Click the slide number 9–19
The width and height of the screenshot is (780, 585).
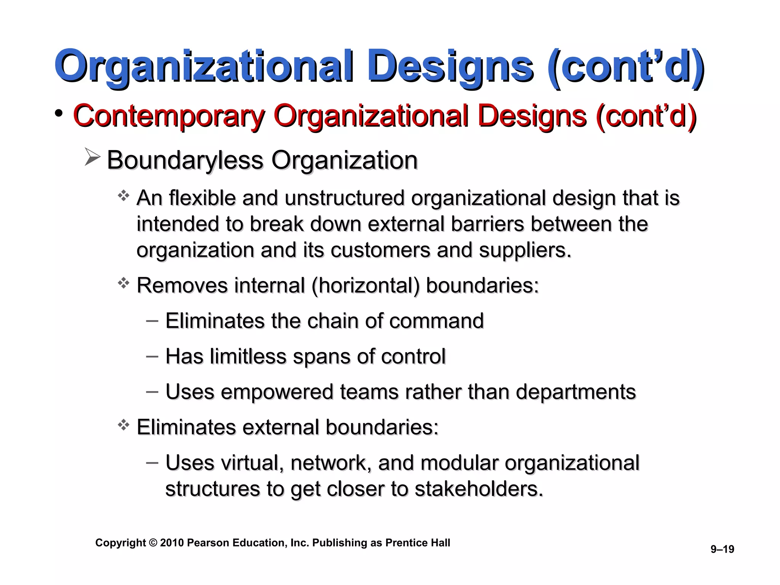tap(722, 549)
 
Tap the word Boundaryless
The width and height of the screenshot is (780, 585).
tap(185, 160)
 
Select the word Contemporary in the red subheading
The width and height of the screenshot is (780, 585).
tap(168, 116)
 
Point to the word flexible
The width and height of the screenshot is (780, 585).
tap(202, 198)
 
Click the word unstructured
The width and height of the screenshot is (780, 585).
tap(344, 198)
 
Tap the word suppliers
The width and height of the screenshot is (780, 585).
tap(525, 251)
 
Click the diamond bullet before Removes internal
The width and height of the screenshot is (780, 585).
tap(123, 283)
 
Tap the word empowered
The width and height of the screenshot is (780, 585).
tap(277, 392)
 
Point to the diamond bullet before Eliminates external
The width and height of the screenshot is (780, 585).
tap(123, 425)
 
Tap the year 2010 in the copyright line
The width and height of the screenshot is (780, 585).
tap(172, 543)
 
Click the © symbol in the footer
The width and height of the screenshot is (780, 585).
tap(153, 543)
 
